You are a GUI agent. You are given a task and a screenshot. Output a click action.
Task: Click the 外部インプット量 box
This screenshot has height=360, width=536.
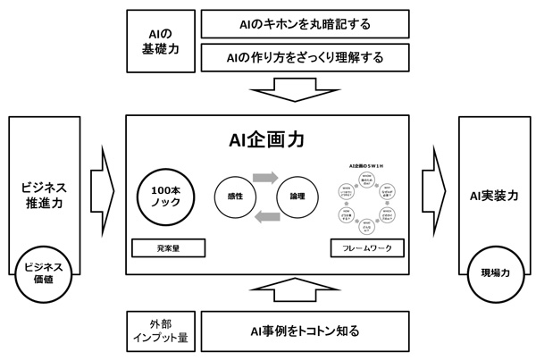(161, 331)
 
